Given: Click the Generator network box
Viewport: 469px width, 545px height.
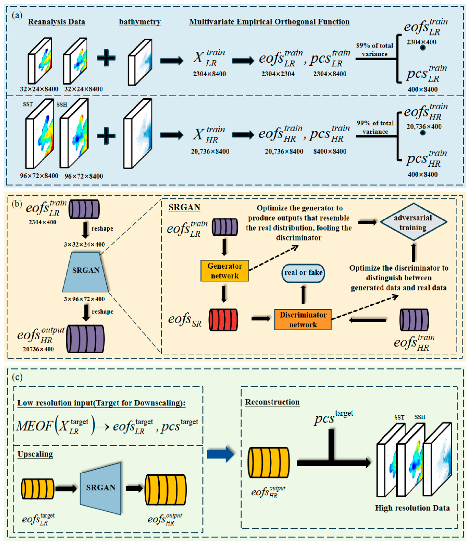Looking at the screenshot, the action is pyautogui.click(x=225, y=271).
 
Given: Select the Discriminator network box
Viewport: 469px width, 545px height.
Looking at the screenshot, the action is pyautogui.click(x=303, y=320).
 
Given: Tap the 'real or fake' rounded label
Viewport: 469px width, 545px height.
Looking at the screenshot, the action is pyautogui.click(x=303, y=273).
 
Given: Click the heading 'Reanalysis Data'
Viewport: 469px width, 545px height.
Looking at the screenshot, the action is pyautogui.click(x=57, y=22).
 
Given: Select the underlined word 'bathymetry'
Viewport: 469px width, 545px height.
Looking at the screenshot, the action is pyautogui.click(x=140, y=22).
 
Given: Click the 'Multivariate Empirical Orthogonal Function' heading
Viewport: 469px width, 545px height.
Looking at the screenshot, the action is pyautogui.click(x=269, y=22).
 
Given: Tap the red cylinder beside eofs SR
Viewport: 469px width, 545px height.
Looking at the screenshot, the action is pyautogui.click(x=223, y=320).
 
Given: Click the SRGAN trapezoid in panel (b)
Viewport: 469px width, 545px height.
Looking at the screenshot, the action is pyautogui.click(x=86, y=272).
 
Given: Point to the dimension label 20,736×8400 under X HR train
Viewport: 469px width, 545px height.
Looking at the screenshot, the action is pyautogui.click(x=210, y=152).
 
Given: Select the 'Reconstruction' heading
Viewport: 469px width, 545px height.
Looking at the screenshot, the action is pyautogui.click(x=272, y=402).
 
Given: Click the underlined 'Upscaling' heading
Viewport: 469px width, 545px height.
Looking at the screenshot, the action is pyautogui.click(x=35, y=454).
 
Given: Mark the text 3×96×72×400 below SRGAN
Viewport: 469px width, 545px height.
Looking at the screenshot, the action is pyautogui.click(x=84, y=299).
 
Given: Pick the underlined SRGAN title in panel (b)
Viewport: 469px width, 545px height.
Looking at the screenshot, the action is pyautogui.click(x=184, y=207).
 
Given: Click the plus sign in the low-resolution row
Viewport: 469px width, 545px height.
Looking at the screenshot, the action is pyautogui.click(x=106, y=58).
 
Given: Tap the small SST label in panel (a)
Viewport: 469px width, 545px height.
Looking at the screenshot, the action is pyautogui.click(x=28, y=104).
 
